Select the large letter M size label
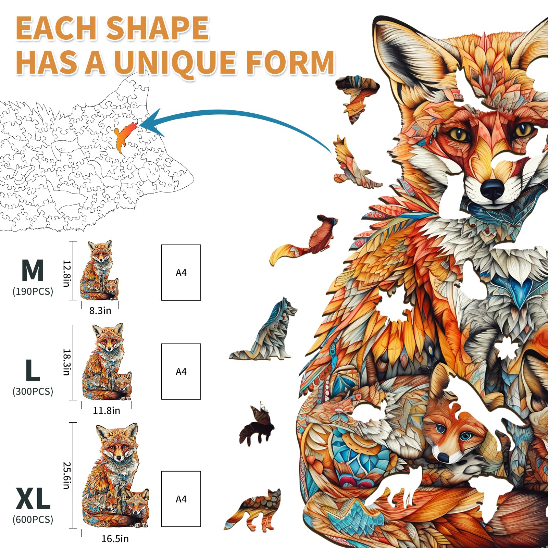point(33,271)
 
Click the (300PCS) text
point(33,391)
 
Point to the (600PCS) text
point(33,520)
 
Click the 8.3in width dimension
point(100,311)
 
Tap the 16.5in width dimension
point(115,539)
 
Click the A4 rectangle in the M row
point(181,273)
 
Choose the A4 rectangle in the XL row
point(181,499)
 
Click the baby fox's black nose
point(443,457)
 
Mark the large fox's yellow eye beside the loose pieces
point(459,134)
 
